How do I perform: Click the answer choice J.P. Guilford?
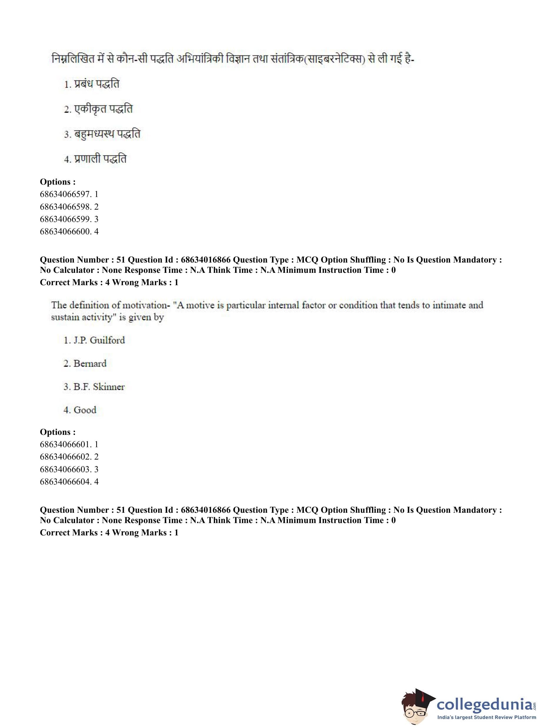[x=94, y=340]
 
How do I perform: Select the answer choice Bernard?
[x=85, y=363]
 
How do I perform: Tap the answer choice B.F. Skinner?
[x=94, y=387]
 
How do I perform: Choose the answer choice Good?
[x=80, y=410]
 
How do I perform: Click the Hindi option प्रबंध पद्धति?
[x=92, y=84]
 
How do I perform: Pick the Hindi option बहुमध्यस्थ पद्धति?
[x=102, y=134]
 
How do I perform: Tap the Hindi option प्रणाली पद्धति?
[x=95, y=159]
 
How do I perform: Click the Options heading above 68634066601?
[x=58, y=432]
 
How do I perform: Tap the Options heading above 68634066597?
[x=58, y=182]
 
